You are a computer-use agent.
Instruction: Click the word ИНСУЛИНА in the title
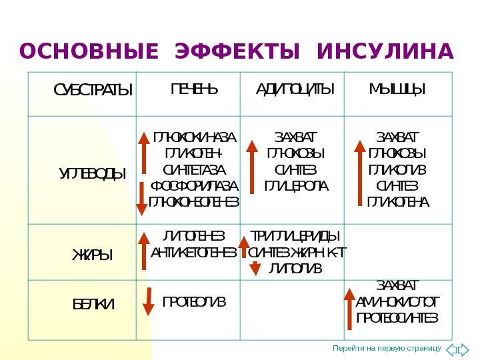click(385, 51)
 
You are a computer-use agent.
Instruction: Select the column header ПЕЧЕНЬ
click(194, 89)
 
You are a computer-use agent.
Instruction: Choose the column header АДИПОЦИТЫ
click(295, 89)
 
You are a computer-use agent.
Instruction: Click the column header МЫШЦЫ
click(397, 89)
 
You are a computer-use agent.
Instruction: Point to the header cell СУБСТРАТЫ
click(93, 90)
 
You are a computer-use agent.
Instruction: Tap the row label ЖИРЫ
click(93, 255)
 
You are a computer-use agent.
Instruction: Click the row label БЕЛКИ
click(93, 305)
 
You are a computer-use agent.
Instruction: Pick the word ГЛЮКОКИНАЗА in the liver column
click(195, 137)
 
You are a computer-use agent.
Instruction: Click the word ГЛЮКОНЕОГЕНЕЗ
click(194, 201)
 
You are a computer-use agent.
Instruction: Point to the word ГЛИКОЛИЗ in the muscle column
click(398, 169)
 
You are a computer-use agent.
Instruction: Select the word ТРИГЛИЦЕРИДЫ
click(295, 236)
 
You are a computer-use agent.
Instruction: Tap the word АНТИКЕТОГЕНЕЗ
click(194, 252)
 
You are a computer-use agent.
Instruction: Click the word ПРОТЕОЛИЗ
click(195, 302)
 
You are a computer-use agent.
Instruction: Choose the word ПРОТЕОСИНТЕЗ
click(398, 317)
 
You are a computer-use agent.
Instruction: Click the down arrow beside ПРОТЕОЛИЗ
click(150, 301)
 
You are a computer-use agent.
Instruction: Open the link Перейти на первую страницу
click(387, 349)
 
